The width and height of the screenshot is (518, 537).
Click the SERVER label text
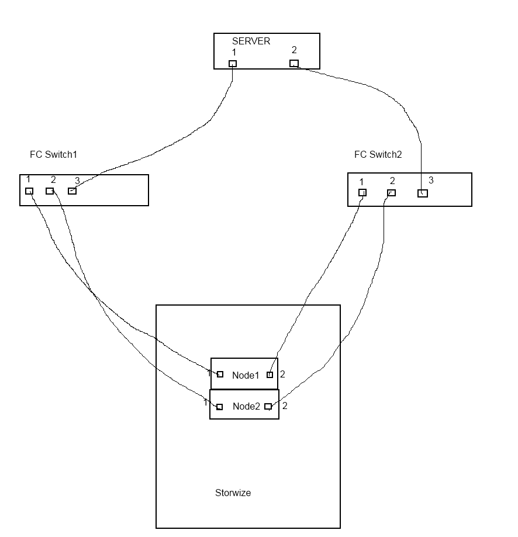point(251,41)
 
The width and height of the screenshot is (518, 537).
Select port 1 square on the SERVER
point(233,64)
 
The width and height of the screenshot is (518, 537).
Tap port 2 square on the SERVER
point(294,64)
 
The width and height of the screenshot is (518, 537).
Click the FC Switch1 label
point(53,155)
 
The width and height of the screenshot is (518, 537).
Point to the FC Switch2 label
point(378,155)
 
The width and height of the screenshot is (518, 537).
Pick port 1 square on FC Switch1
point(29,191)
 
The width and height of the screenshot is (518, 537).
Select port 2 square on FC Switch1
point(50,191)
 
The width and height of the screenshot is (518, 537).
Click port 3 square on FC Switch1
point(72,191)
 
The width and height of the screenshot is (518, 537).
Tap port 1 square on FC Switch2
point(362,193)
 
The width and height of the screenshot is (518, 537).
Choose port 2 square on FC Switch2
point(392,193)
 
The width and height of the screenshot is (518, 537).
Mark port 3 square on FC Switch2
point(423,193)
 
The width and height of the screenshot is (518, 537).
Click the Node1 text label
point(245,375)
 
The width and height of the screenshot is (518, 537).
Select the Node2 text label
point(246,407)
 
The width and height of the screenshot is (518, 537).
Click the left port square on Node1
point(220,375)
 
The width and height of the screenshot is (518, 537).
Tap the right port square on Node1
point(270,375)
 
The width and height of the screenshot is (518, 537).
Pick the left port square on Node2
point(219,407)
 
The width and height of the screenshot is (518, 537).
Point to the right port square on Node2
point(268,407)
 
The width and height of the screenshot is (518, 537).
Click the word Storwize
point(233,493)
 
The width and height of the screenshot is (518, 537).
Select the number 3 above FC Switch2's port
point(431,180)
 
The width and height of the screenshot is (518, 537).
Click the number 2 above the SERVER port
point(294,50)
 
